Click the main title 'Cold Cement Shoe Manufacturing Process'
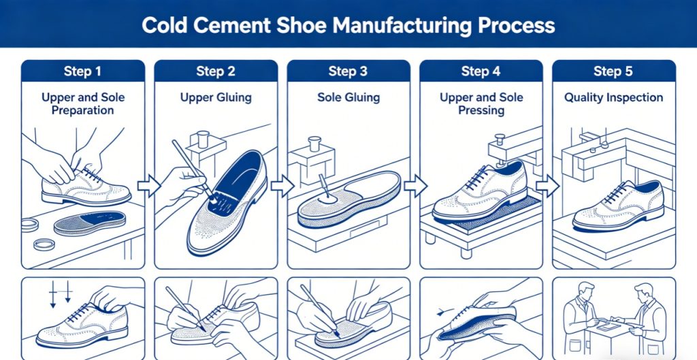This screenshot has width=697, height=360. pyautogui.click(x=348, y=25)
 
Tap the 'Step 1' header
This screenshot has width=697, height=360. pyautogui.click(x=82, y=71)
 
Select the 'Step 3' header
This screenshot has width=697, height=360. pyautogui.click(x=348, y=71)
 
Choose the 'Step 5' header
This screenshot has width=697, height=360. pyautogui.click(x=613, y=71)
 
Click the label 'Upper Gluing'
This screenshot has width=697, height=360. pyautogui.click(x=216, y=98)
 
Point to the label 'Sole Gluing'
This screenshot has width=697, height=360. pyautogui.click(x=348, y=98)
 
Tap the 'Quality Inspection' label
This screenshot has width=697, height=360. pyautogui.click(x=613, y=98)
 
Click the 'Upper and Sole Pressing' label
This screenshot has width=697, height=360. pyautogui.click(x=481, y=104)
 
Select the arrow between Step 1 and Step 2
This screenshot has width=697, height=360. pyautogui.click(x=149, y=186)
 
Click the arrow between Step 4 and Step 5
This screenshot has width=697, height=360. pyautogui.click(x=547, y=186)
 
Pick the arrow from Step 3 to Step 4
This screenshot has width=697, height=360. pyautogui.click(x=415, y=186)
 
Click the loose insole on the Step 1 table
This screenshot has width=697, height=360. pyautogui.click(x=89, y=223)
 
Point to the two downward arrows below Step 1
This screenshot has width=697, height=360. pyautogui.click(x=60, y=294)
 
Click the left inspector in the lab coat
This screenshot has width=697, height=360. pyautogui.click(x=581, y=318)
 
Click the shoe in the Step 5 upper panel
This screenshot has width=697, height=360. pyautogui.click(x=618, y=206)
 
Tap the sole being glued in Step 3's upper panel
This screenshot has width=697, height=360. pyautogui.click(x=349, y=200)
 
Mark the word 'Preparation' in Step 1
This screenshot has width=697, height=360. pyautogui.click(x=82, y=110)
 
